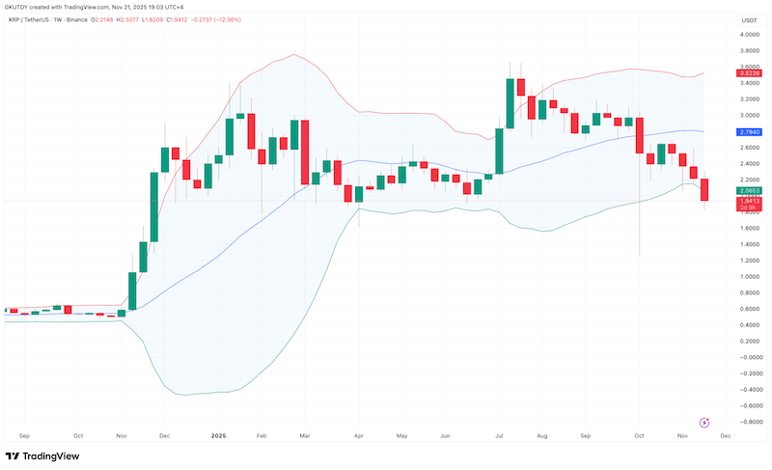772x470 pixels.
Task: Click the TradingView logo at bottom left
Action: pyautogui.click(x=42, y=456)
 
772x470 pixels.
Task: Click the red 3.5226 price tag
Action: pyautogui.click(x=747, y=73)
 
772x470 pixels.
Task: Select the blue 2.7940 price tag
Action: pyautogui.click(x=747, y=131)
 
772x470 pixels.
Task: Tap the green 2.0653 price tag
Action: pyautogui.click(x=747, y=191)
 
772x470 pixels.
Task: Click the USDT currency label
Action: pyautogui.click(x=747, y=20)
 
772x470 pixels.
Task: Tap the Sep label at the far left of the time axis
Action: pyautogui.click(x=24, y=436)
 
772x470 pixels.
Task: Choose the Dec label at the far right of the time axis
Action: pyautogui.click(x=725, y=436)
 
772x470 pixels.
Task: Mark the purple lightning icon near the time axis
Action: pyautogui.click(x=704, y=422)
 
